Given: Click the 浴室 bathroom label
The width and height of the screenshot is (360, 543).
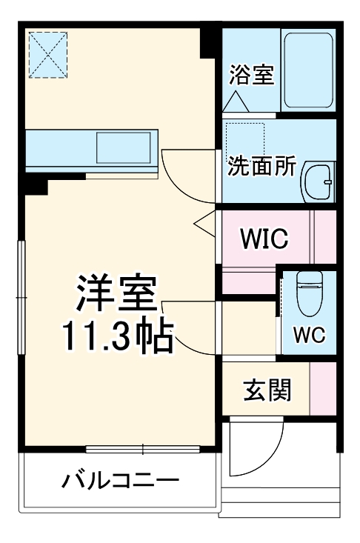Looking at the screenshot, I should tap(251, 76).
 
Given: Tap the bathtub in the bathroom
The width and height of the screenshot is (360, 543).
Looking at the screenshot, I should tap(309, 70).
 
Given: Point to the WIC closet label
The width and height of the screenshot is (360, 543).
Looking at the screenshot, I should tap(263, 239).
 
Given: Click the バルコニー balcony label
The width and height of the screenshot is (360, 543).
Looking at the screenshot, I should tap(120, 481).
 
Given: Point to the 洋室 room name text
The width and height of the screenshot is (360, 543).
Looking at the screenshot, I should tap(117, 293).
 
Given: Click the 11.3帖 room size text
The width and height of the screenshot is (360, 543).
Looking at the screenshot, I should tap(117, 337).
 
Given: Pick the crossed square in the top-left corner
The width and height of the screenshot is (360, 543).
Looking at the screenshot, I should tap(48, 54).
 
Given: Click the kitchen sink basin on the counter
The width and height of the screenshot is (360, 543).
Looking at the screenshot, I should tap(123, 147).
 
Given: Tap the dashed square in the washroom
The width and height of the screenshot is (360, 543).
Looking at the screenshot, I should tap(245, 137).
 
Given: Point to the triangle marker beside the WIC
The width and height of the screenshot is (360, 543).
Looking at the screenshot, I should tap(204, 221).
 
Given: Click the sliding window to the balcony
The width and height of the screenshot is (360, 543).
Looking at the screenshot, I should tap(142, 449).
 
